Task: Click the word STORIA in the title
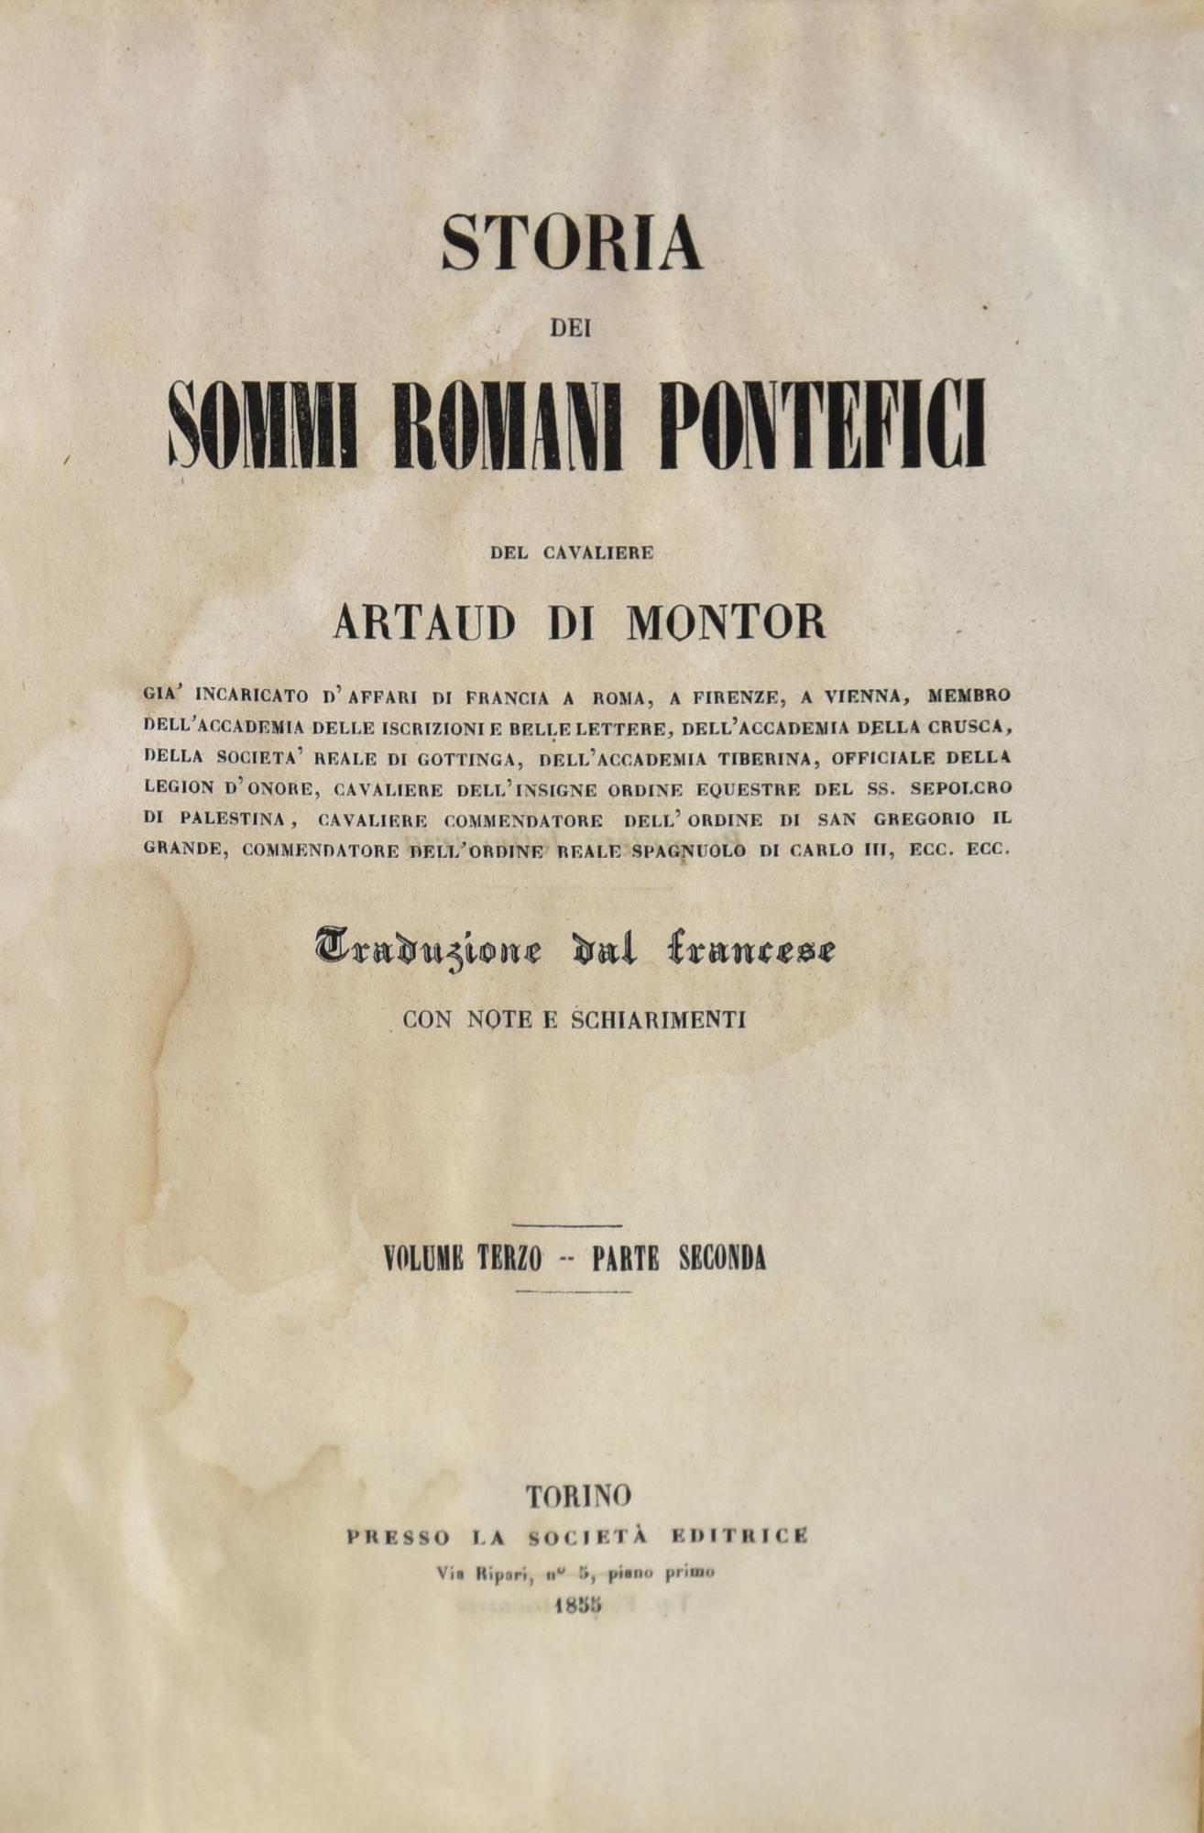tap(571, 242)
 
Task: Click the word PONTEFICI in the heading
tap(830, 426)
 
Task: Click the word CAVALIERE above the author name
tap(597, 553)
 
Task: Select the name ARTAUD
tap(423, 622)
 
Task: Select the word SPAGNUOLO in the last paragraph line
tap(692, 849)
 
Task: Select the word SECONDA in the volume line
tap(722, 1258)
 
